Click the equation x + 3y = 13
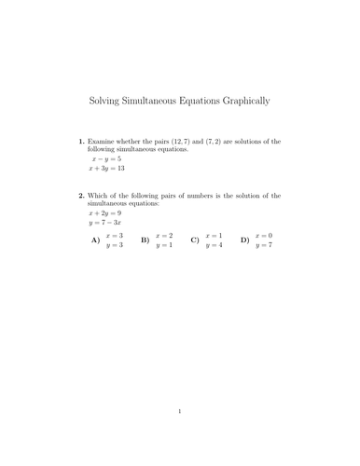107,171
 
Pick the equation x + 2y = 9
105,212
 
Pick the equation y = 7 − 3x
107,224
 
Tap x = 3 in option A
114,236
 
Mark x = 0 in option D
263,236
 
